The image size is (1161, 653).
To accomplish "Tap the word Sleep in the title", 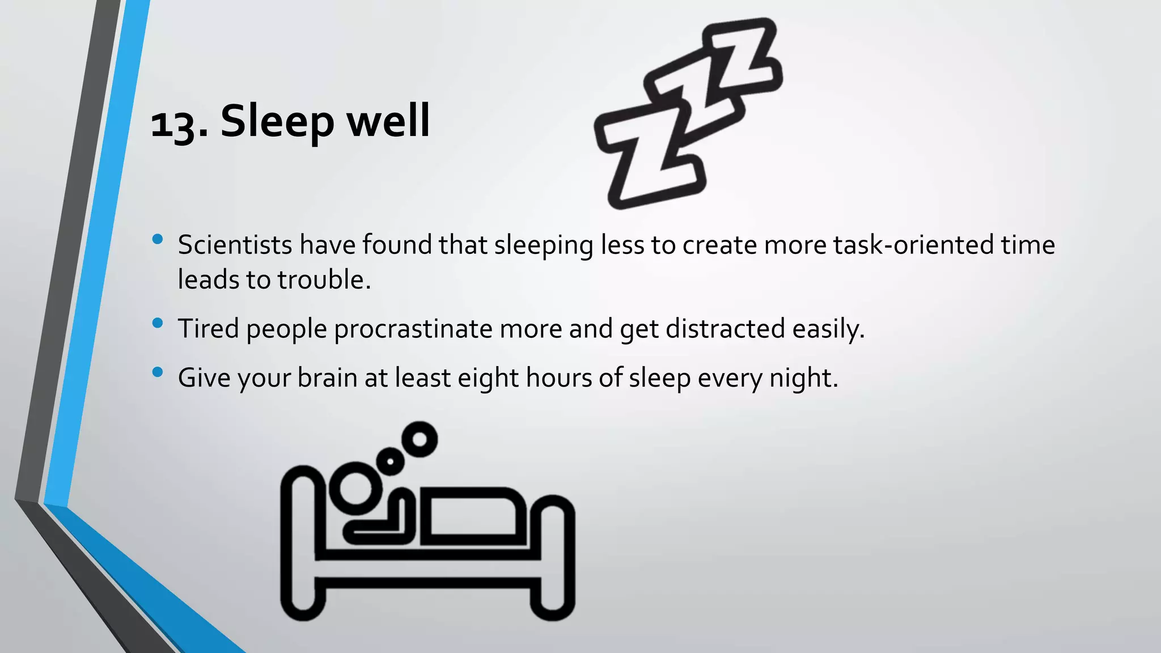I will click(x=277, y=121).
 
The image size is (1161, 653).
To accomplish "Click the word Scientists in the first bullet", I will click(x=235, y=245).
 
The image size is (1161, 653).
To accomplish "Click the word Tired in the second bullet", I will click(x=208, y=329).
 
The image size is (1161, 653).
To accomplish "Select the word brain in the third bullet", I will click(x=327, y=378).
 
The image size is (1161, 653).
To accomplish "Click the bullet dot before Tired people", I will click(x=158, y=323).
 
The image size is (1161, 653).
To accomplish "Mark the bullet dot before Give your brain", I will click(x=158, y=372).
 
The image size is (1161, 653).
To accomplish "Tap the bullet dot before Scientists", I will click(x=158, y=239).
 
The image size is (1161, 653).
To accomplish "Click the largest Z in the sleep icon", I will click(x=646, y=159).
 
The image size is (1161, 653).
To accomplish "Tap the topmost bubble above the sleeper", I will click(x=420, y=439).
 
